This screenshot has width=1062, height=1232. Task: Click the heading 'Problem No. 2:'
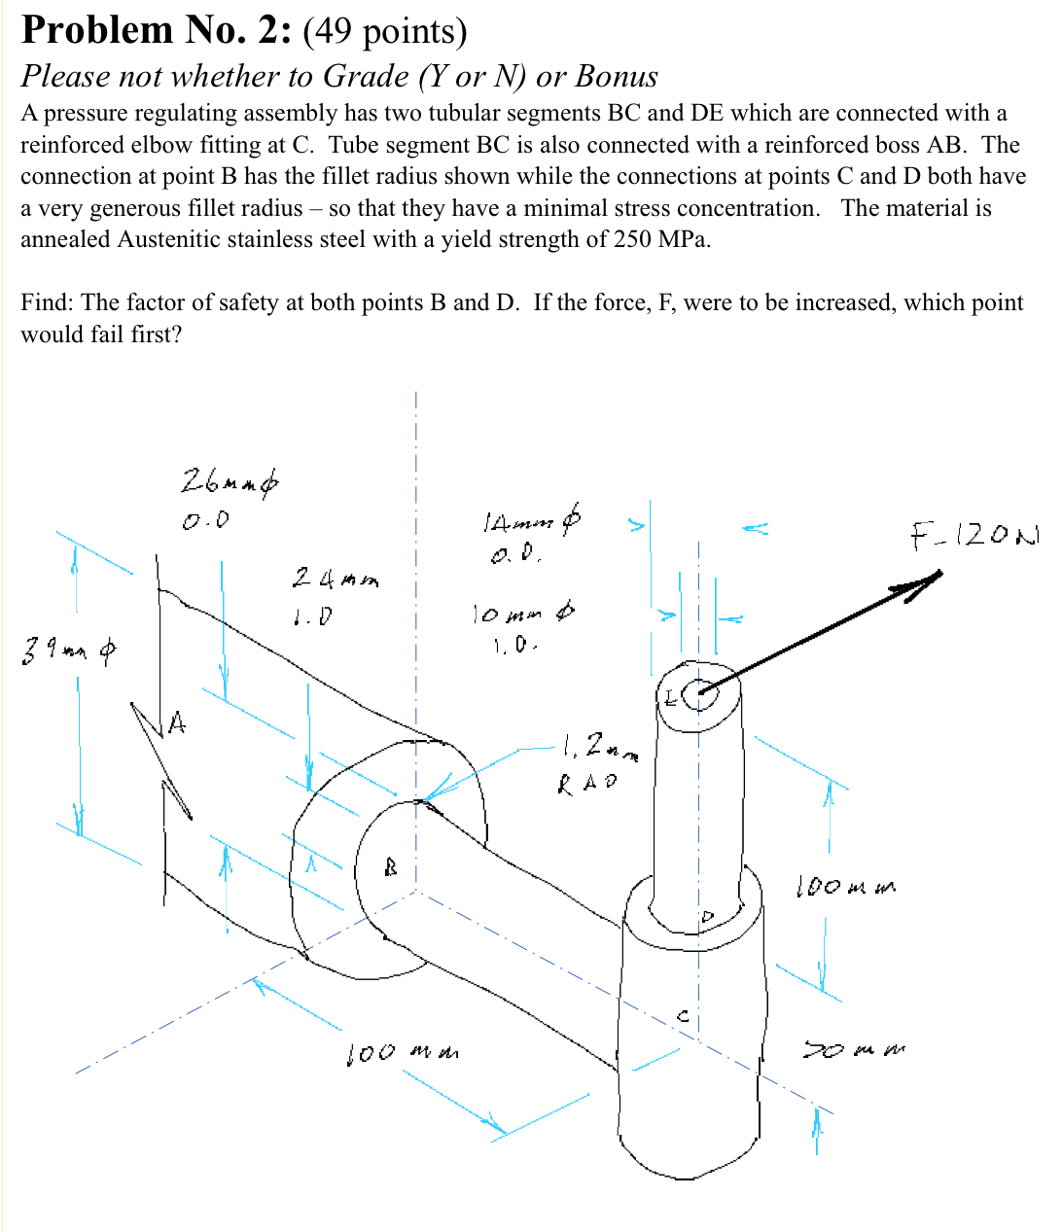coord(157,30)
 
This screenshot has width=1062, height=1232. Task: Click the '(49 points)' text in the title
coord(385,32)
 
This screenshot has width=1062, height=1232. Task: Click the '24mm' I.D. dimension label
coord(335,580)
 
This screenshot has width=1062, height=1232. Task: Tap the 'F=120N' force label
coord(973,534)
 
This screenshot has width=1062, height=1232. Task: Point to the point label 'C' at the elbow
coord(683,1016)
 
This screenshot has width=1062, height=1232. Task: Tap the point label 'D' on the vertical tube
coord(707,917)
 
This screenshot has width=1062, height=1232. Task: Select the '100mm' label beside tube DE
coord(845,886)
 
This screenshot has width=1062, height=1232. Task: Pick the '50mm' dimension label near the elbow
coord(852,1050)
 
